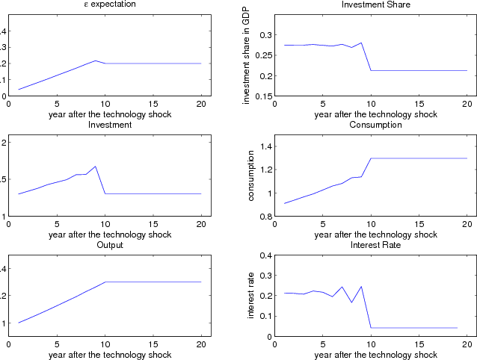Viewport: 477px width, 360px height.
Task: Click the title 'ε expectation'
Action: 109,5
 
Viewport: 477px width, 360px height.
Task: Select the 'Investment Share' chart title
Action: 375,5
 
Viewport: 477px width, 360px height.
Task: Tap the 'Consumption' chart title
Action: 375,124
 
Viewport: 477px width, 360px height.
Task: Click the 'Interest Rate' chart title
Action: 375,244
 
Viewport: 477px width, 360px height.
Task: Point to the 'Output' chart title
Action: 109,244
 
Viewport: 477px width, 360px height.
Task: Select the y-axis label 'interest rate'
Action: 251,296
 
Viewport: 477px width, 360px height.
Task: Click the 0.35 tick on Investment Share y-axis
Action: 264,34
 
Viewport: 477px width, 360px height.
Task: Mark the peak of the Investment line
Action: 96,167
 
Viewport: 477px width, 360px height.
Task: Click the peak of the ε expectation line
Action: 96,60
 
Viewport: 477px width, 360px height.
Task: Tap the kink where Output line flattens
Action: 105,282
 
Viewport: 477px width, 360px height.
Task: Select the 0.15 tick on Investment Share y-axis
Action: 264,96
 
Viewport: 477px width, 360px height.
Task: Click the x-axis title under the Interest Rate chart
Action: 375,355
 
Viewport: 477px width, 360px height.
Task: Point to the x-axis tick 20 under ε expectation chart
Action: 202,105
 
